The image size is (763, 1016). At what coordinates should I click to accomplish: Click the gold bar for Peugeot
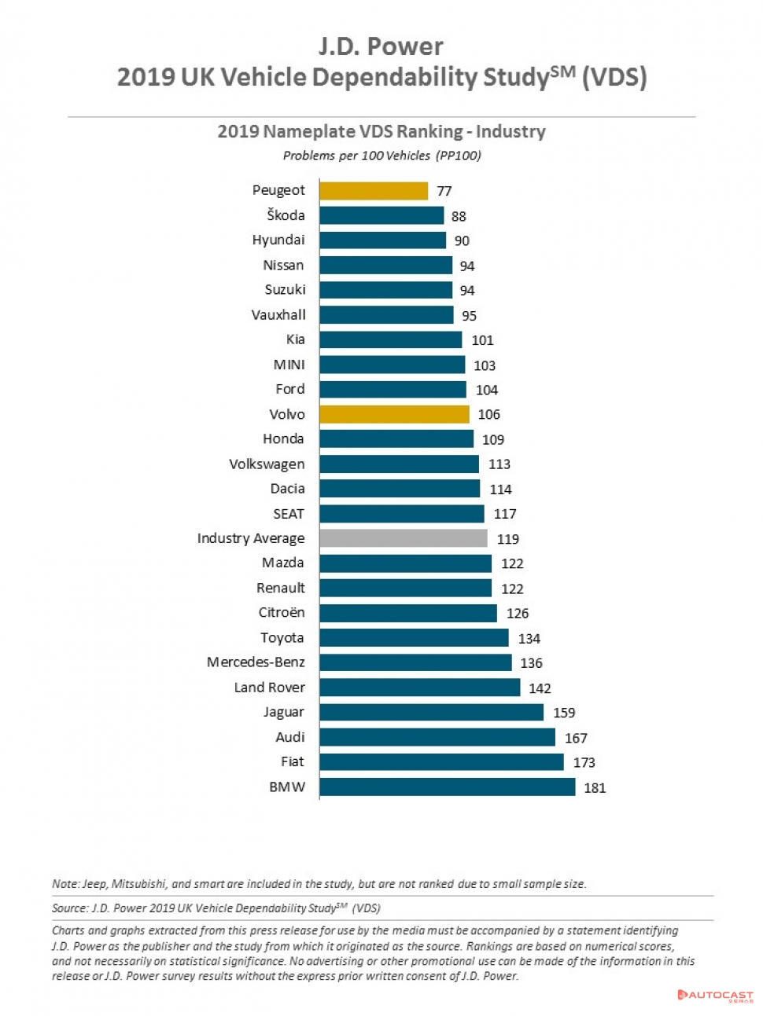pyautogui.click(x=374, y=191)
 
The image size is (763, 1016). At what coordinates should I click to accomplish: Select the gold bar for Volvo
pyautogui.click(x=394, y=414)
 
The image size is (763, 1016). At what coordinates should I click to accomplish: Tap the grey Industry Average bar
pyautogui.click(x=404, y=538)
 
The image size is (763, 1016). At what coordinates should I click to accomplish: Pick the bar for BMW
pyautogui.click(x=448, y=787)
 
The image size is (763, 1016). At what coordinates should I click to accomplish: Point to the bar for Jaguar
pyautogui.click(x=431, y=712)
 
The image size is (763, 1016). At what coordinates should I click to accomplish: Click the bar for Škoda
pyautogui.click(x=381, y=215)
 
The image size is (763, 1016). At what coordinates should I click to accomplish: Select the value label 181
pyautogui.click(x=595, y=787)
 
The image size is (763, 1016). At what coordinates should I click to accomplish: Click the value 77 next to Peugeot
pyautogui.click(x=444, y=191)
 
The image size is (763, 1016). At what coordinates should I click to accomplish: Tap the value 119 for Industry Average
pyautogui.click(x=508, y=539)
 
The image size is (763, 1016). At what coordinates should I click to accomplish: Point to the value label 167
pyautogui.click(x=576, y=738)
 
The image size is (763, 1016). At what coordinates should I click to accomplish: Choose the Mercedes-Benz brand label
pyautogui.click(x=256, y=662)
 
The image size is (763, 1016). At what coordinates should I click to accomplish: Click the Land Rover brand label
pyautogui.click(x=269, y=687)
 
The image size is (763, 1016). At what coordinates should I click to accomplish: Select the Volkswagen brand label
pyautogui.click(x=267, y=464)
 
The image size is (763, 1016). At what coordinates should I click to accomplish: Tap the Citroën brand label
pyautogui.click(x=282, y=612)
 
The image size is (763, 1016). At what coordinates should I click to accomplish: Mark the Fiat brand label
pyautogui.click(x=293, y=761)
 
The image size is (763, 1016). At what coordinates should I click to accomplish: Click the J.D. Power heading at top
pyautogui.click(x=381, y=46)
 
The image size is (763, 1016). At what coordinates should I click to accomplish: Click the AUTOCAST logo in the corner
pyautogui.click(x=716, y=995)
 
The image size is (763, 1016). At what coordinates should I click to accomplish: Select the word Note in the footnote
pyautogui.click(x=65, y=884)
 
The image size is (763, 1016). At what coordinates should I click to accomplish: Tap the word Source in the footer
pyautogui.click(x=69, y=908)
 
